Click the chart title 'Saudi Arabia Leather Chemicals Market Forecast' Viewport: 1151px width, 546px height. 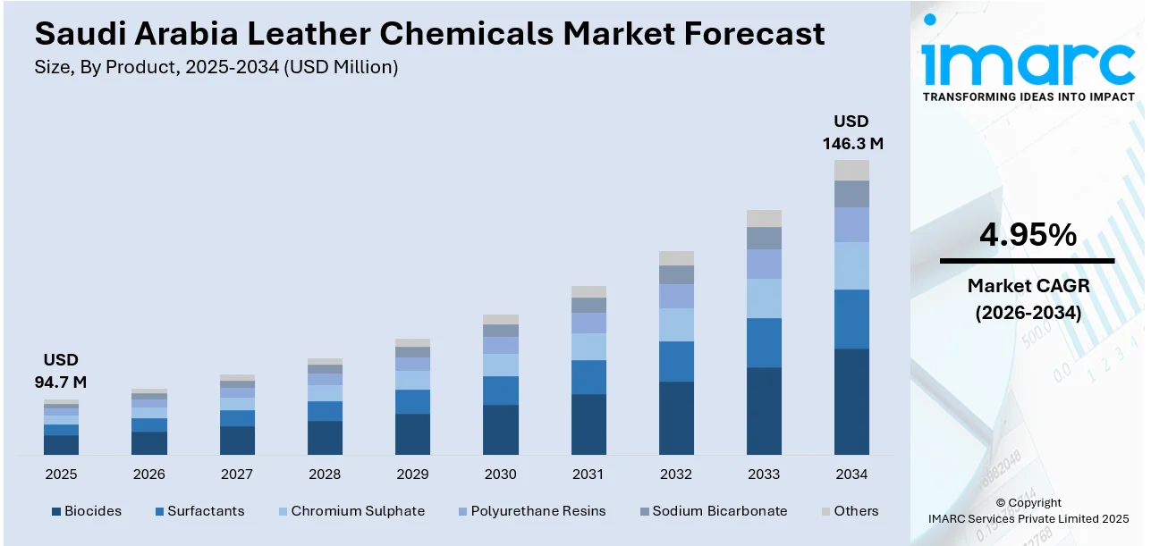tap(429, 34)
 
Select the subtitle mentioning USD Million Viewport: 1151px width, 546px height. tap(216, 67)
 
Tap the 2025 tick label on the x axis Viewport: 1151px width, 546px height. tap(61, 475)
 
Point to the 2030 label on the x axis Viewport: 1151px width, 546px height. tap(500, 475)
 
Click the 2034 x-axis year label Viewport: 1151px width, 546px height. tap(851, 475)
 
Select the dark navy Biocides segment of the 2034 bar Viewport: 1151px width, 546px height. tap(851, 401)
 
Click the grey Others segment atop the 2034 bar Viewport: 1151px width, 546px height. tap(851, 170)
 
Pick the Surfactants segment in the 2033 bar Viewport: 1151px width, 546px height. tap(764, 342)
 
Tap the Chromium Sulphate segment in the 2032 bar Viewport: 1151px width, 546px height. tap(676, 324)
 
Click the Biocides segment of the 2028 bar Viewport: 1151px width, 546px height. tap(325, 437)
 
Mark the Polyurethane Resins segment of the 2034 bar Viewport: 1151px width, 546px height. tap(851, 224)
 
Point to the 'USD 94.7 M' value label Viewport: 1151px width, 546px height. tap(61, 371)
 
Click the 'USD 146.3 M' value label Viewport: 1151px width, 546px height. tap(851, 132)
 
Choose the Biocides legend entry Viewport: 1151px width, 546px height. tap(86, 511)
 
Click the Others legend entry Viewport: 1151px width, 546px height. tap(849, 511)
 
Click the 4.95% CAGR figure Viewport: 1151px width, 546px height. tap(1028, 235)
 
